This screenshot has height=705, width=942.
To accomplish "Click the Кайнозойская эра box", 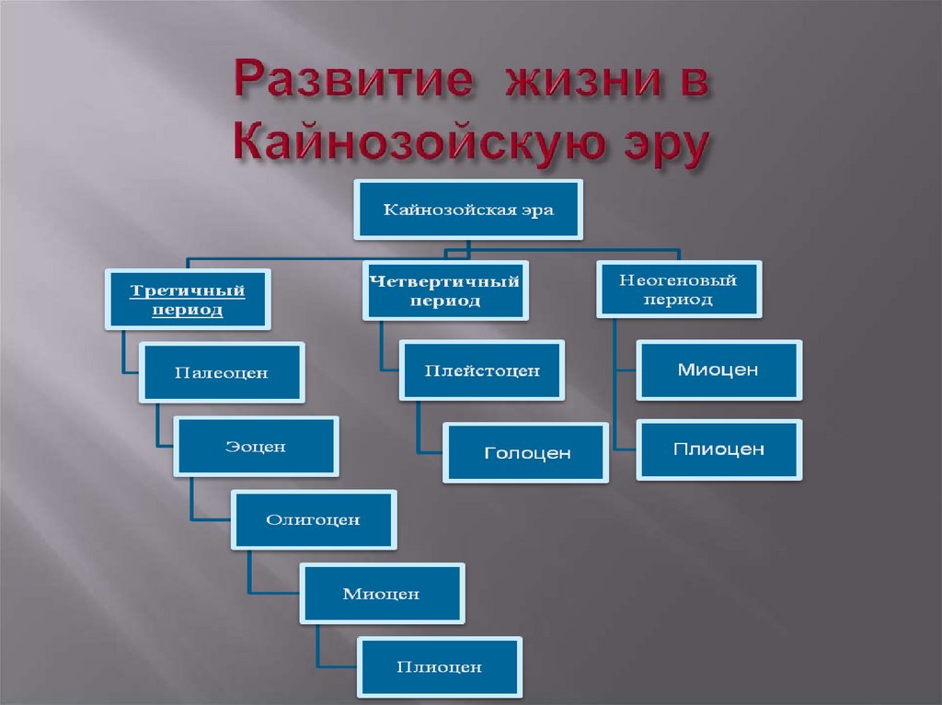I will pos(468,210).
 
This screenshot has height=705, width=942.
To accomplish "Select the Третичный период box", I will pos(188,300).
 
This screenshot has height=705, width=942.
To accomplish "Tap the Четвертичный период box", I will pos(445,290).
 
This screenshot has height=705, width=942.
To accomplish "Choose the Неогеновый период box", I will pos(678,289).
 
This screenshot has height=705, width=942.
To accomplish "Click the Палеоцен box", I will pos(222,372).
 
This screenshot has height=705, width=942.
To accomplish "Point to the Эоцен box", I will pos(257,447).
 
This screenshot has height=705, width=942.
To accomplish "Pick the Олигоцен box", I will pos(314,520).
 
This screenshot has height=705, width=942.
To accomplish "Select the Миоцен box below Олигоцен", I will pos(382,594).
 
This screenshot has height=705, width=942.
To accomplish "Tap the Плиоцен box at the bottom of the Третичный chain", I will pos(440,667).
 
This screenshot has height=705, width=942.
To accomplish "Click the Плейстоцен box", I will pos(481,370).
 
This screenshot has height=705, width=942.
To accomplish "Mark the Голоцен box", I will pos(526,452).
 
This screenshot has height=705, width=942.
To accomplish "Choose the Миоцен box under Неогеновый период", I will pos(718,370).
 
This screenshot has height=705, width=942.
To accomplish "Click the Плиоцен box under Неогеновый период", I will pos(718,449).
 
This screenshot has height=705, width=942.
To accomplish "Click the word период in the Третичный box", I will pos(188,311).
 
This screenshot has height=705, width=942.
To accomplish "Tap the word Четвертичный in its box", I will pos(445,280).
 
